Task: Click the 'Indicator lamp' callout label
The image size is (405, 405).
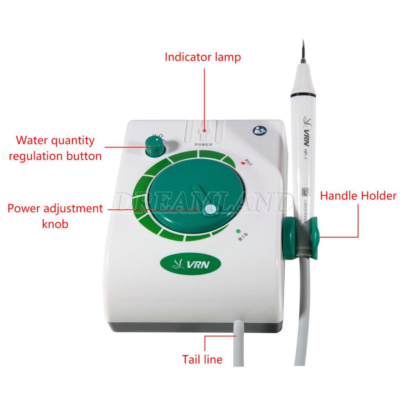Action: [x=202, y=57]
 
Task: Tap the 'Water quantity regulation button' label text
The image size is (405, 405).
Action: [x=55, y=148]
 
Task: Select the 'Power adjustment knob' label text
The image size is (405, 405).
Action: [x=55, y=216]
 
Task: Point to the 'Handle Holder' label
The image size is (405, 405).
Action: [x=358, y=196]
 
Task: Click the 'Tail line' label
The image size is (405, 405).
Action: [x=202, y=359]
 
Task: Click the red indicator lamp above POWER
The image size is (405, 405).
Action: [x=205, y=131]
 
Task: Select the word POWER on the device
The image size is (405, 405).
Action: [x=204, y=144]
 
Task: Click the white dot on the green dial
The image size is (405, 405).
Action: [x=210, y=209]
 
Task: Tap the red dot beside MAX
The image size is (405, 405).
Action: [x=243, y=163]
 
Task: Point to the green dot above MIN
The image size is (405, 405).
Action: [x=238, y=232]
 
